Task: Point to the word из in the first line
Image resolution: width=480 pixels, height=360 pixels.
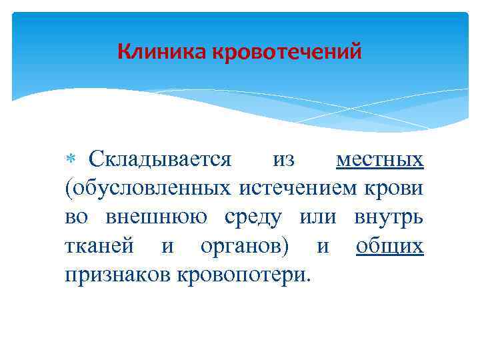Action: (x=284, y=160)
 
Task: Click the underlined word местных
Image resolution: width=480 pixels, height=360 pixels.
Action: (x=380, y=160)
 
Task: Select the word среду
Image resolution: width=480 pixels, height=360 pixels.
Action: (x=257, y=218)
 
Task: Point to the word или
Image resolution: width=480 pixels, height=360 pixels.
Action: (x=317, y=217)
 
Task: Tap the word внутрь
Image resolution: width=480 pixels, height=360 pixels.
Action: (x=389, y=218)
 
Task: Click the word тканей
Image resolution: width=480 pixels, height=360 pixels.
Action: (x=99, y=247)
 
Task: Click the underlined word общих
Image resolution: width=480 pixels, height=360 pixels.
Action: (x=390, y=247)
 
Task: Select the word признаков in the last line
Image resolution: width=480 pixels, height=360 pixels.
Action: (x=117, y=275)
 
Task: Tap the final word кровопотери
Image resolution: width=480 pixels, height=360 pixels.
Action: (x=242, y=275)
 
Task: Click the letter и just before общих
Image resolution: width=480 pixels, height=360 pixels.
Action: (x=323, y=247)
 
